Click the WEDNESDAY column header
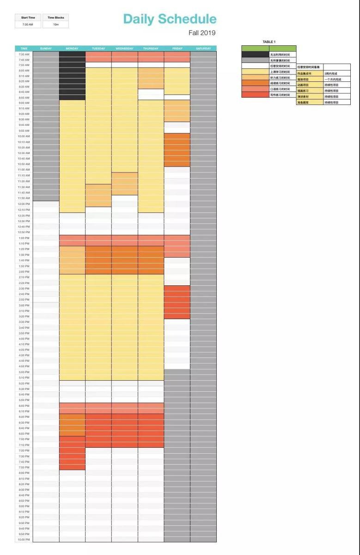124,49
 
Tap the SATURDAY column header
203,49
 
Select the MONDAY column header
72,49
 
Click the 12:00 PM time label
24,204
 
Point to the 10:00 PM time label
24,539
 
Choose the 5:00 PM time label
24,372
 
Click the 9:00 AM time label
24,103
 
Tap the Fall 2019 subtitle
202,33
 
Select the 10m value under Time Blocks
55,25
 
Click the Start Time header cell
28,18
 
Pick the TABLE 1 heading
268,42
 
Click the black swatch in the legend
255,55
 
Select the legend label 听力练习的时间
280,78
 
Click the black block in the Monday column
72,75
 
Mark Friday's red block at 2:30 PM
177,302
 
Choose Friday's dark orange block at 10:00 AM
177,150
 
